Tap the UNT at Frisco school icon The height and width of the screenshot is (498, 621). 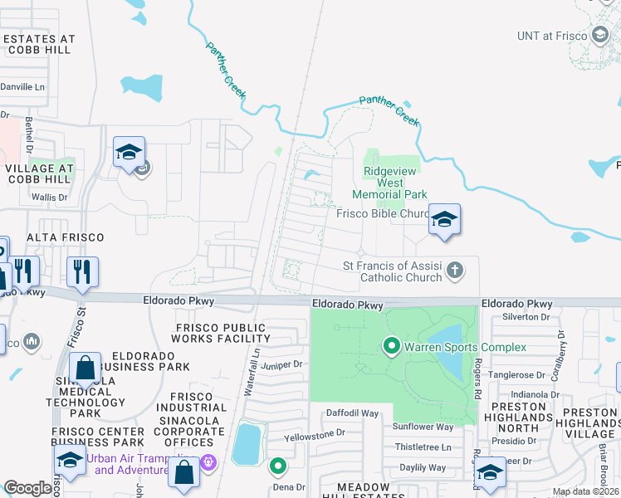[x=600, y=35]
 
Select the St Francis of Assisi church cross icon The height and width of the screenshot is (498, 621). [x=454, y=270]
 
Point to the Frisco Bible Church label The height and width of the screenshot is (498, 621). [x=382, y=213]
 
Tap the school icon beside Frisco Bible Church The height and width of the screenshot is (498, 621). [x=444, y=219]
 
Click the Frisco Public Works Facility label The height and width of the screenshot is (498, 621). [x=222, y=333]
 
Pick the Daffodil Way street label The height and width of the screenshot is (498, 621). [x=351, y=413]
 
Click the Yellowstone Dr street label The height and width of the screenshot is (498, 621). [x=314, y=433]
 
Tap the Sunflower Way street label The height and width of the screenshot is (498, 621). [x=423, y=427]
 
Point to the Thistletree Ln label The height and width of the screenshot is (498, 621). [x=423, y=447]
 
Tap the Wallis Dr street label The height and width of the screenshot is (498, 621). [x=49, y=198]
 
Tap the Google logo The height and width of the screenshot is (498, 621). [x=28, y=488]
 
